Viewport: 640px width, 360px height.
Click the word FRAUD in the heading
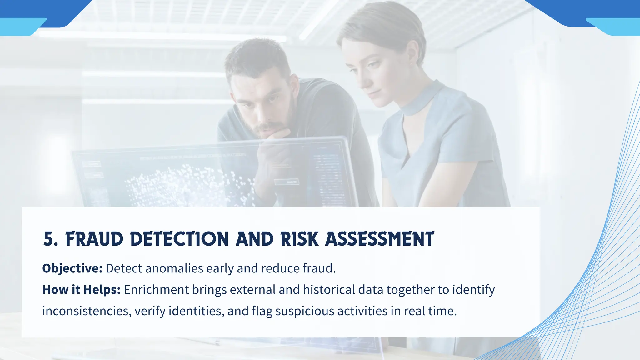[x=94, y=240]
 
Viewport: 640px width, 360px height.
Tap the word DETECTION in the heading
[x=179, y=240]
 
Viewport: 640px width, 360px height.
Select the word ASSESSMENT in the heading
[x=379, y=240]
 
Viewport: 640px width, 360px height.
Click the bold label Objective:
[x=72, y=269]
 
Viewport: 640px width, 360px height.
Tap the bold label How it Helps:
[x=81, y=290]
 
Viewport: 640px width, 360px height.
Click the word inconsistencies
[x=87, y=311]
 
